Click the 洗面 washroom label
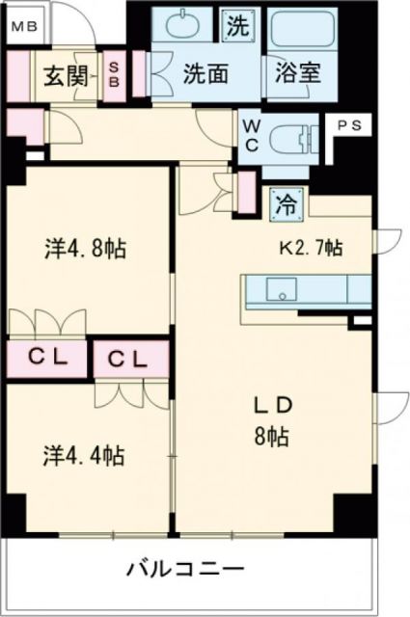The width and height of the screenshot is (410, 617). tap(204, 74)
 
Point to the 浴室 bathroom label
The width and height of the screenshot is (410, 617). tap(294, 74)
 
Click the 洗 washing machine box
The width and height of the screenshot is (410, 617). tap(236, 26)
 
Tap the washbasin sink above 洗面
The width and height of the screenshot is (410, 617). tap(184, 27)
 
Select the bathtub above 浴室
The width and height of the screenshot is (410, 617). tap(298, 32)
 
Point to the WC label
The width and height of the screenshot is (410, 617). tap(250, 134)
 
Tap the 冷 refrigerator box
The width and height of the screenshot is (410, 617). tap(287, 202)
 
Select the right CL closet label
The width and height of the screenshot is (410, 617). tap(127, 360)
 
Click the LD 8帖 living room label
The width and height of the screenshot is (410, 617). tap(273, 419)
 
